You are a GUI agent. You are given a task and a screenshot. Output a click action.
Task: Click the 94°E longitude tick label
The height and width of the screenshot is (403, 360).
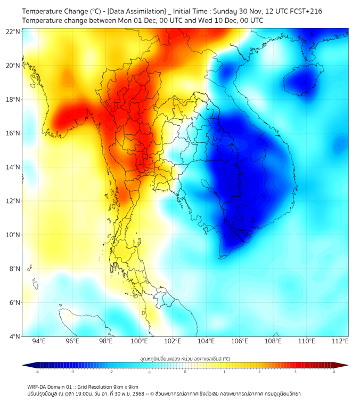coord(39,341)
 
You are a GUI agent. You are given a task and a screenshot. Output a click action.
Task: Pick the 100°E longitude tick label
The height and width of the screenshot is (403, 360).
coord(139,341)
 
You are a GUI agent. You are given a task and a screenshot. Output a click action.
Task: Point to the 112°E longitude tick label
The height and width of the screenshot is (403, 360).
coord(340,341)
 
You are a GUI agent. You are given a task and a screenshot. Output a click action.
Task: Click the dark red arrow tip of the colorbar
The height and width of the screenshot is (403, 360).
coord(345,365)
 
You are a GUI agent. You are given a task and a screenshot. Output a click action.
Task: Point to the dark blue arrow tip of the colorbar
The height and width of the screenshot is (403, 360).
coord(26,365)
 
